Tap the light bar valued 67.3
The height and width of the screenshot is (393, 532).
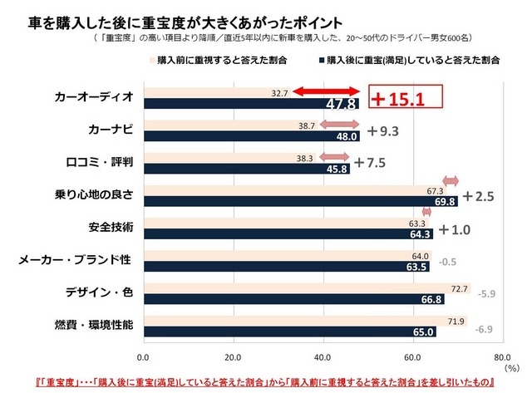point(295,190)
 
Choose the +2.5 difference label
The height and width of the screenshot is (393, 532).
point(479,196)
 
